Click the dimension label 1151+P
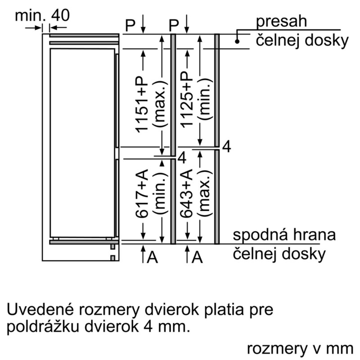142,104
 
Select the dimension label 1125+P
186,99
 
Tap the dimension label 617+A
142,193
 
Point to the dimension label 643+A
186,193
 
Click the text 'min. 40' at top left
42,16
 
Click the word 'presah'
281,22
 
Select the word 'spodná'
262,235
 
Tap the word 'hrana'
315,234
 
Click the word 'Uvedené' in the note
40,310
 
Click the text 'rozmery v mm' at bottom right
300,349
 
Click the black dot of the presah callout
237,41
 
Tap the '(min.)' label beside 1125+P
204,99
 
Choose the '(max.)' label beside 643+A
204,193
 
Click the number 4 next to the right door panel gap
227,147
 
